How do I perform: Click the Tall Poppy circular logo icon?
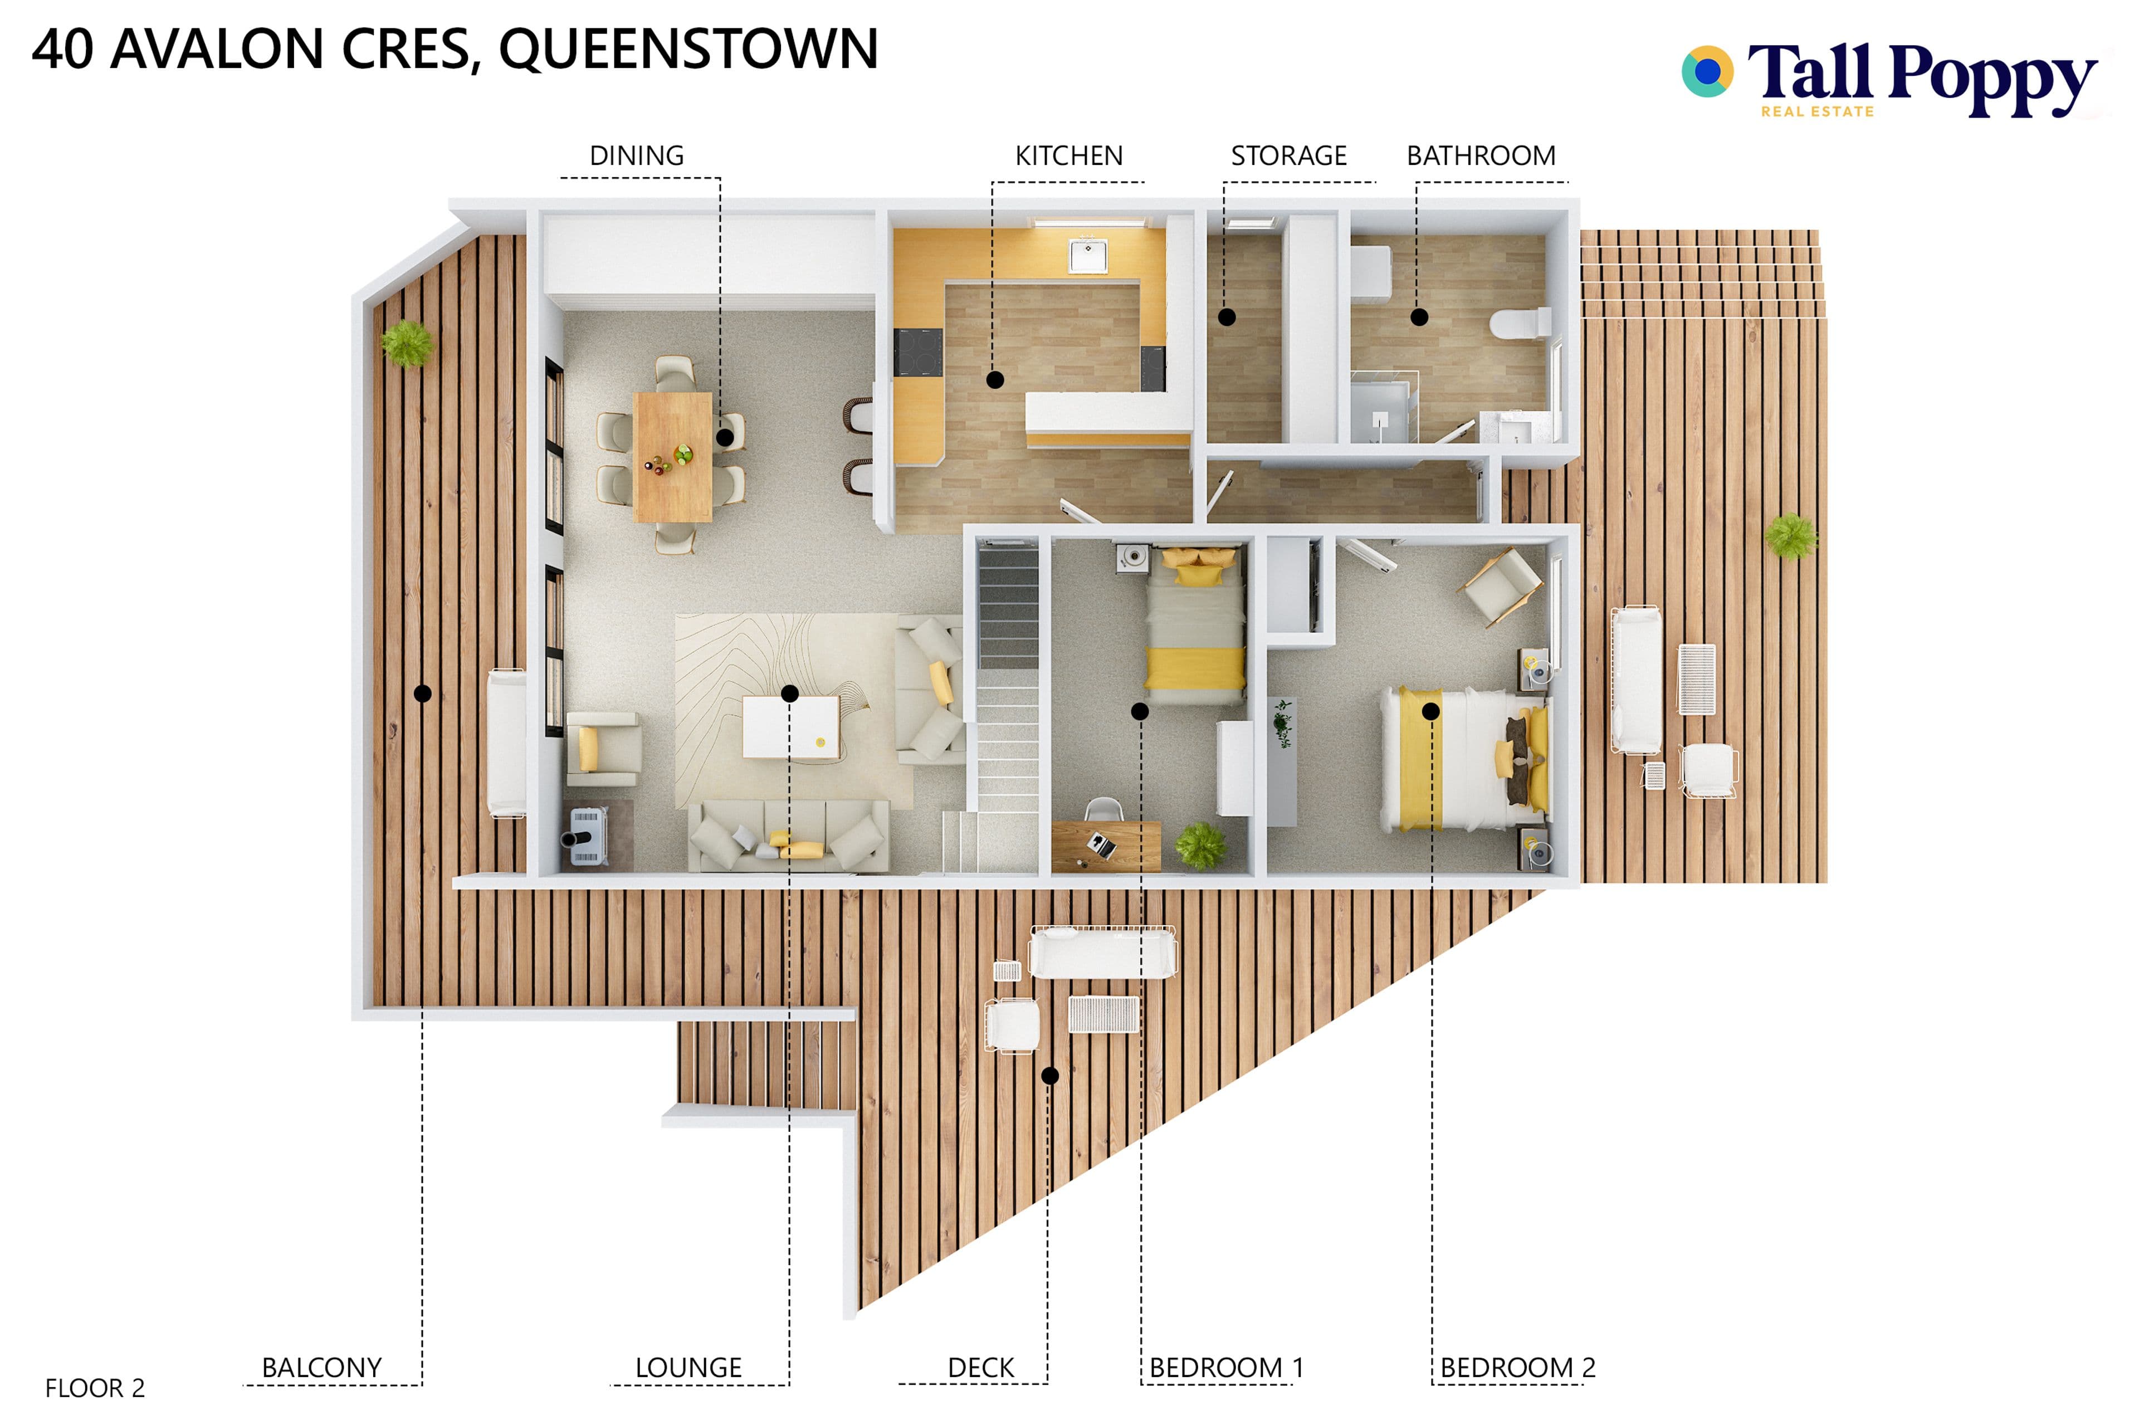point(1707,71)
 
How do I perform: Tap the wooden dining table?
point(673,457)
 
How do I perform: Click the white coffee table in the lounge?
point(790,726)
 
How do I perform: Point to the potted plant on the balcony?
point(407,344)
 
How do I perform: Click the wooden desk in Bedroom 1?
point(1106,846)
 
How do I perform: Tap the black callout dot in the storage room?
point(1227,318)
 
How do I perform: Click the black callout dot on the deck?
point(1049,1076)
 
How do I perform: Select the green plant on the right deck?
point(1791,536)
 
